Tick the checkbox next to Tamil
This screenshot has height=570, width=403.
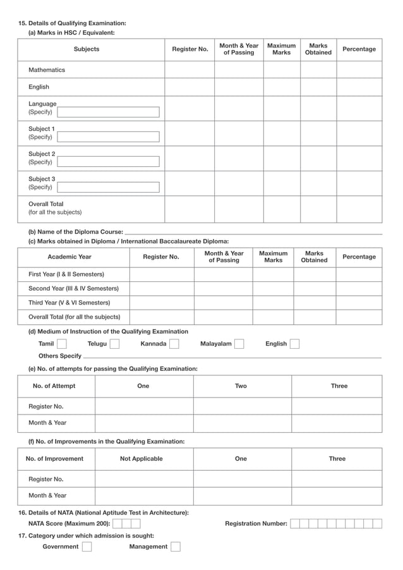coord(62,344)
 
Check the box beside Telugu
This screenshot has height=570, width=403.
coord(114,344)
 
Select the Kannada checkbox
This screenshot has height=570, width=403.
coord(174,344)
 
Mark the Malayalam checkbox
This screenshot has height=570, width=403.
coord(239,344)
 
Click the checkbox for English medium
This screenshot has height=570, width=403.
coord(294,344)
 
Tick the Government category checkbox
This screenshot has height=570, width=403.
coord(87,547)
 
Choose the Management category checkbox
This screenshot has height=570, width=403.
coord(176,547)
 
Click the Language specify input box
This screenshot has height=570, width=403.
coord(108,112)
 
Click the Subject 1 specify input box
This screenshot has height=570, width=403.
coord(108,137)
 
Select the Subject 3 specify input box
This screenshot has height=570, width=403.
coord(108,187)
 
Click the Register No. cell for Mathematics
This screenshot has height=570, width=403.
coord(189,70)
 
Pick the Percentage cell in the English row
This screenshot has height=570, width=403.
coord(359,87)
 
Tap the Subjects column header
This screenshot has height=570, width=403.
coord(87,49)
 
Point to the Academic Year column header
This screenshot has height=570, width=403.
coord(69,257)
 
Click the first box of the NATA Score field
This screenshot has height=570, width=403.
coord(117,523)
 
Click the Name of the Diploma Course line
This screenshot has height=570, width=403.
coord(253,232)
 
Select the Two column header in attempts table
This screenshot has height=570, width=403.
coord(241,386)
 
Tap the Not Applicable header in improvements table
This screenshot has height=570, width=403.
coord(141,459)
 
